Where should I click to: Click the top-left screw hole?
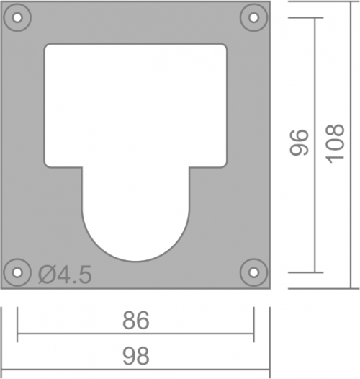17,17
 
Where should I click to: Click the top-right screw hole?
253,17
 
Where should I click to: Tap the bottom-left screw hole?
17,272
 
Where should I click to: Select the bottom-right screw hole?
253,272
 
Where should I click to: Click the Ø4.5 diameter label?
65,275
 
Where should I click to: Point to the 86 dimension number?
136,321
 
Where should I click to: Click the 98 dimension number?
136,356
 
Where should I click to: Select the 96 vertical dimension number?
299,143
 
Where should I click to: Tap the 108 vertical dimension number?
335,143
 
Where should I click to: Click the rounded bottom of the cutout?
135,262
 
